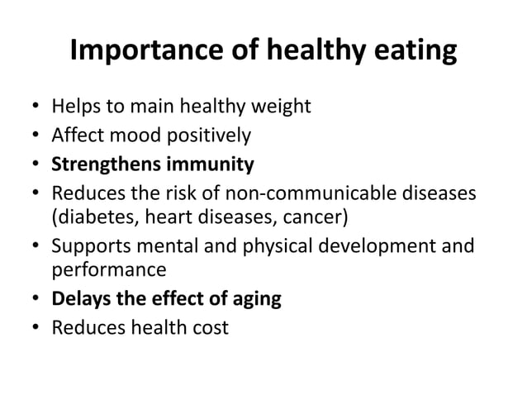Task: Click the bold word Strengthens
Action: [105, 164]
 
